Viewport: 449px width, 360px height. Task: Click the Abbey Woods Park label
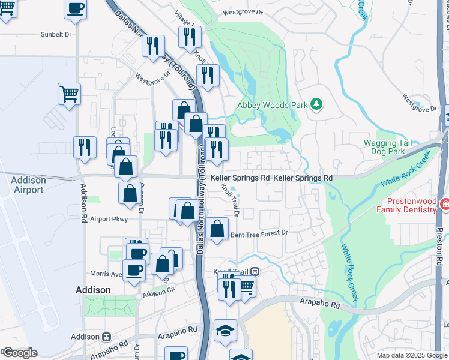272,105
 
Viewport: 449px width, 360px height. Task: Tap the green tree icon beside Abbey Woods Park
316,105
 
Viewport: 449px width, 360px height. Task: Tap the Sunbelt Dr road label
56,35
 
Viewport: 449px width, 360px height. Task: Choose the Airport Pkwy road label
109,220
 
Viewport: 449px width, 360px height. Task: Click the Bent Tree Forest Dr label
259,233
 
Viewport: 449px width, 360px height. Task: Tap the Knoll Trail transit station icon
255,272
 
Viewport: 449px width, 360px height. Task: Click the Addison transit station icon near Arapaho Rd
107,337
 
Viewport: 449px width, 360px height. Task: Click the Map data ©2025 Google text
412,355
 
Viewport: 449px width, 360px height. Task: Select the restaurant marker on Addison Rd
85,146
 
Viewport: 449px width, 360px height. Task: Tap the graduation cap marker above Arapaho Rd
225,330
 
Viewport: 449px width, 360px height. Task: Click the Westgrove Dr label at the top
243,11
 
